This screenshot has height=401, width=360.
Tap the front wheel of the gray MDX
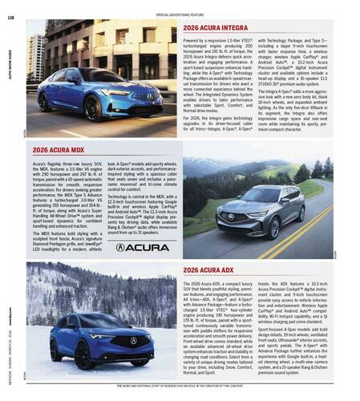(x=274, y=228)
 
